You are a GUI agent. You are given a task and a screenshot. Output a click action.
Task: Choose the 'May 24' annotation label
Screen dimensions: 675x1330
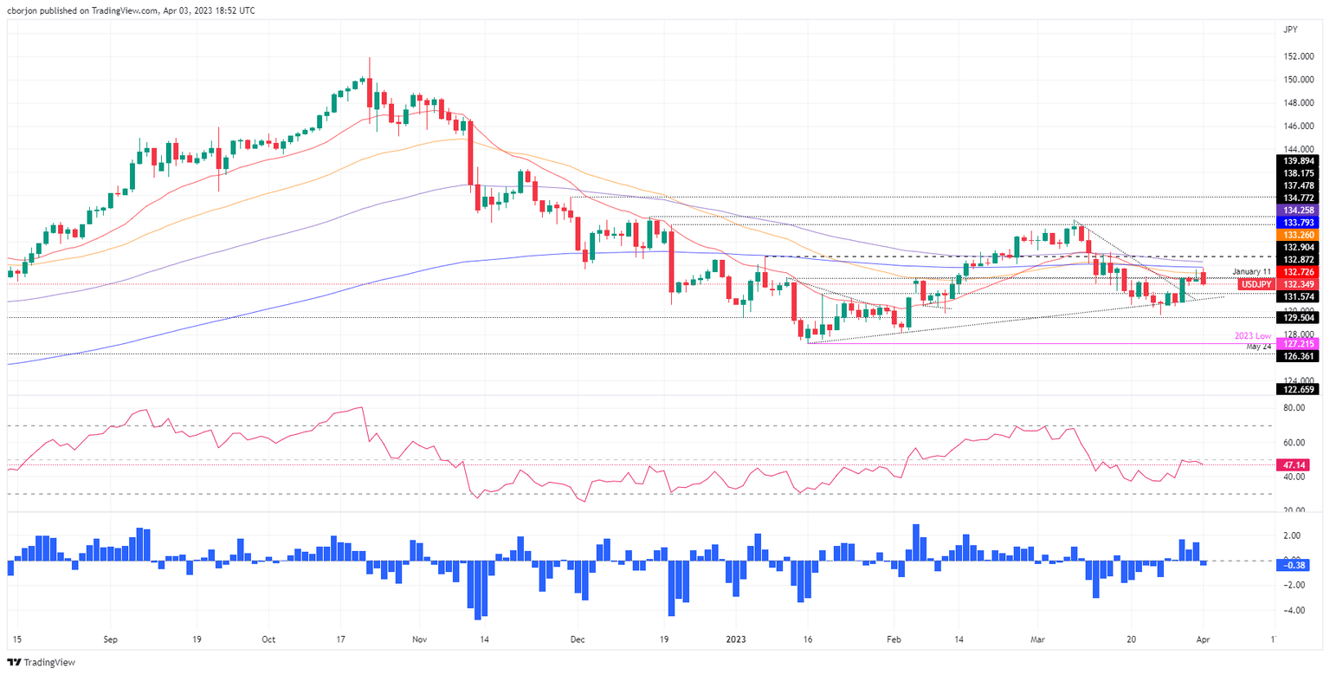1258,347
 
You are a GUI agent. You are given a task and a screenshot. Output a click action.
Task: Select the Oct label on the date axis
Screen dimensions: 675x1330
268,639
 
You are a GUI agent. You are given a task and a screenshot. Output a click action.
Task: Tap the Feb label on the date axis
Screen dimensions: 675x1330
895,639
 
